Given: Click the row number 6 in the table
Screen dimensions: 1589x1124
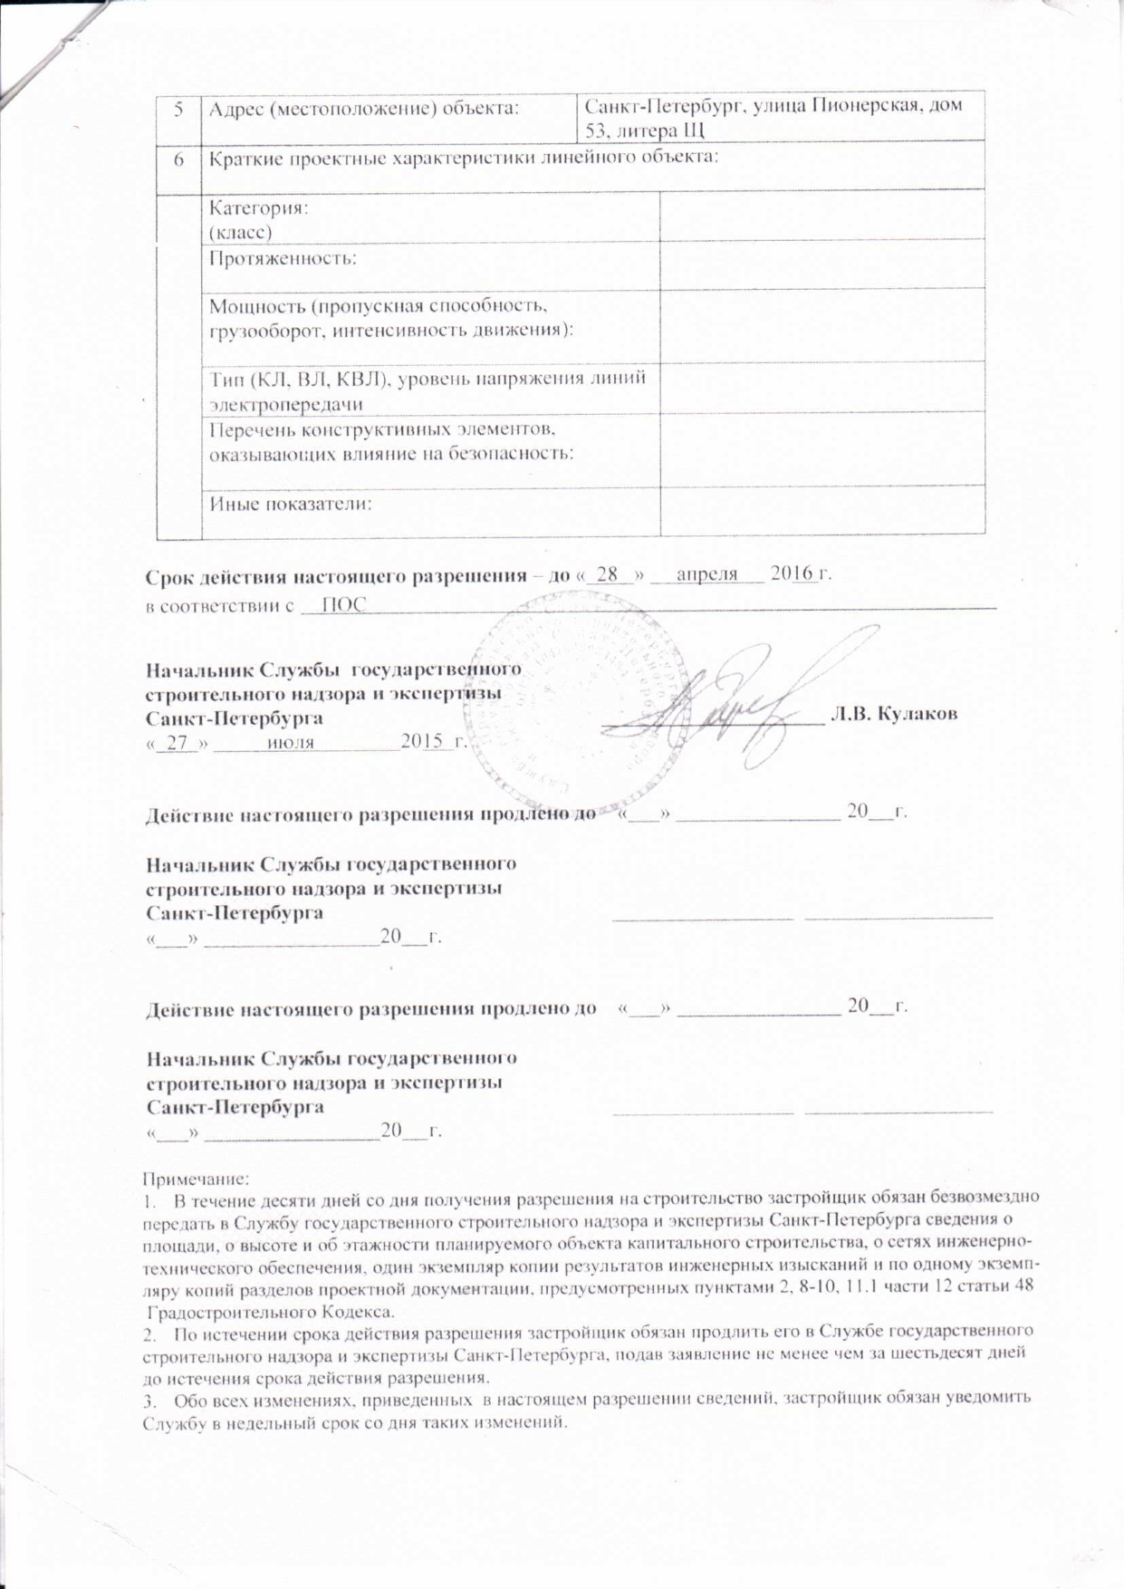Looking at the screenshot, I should click(179, 159).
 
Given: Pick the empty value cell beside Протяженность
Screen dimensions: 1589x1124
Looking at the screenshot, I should click(821, 264).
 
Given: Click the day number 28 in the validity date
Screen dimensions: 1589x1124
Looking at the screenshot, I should click(613, 574).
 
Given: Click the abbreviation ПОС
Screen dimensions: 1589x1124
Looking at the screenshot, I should click(343, 605).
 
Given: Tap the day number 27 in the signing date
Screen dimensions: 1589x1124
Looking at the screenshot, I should click(182, 742).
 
